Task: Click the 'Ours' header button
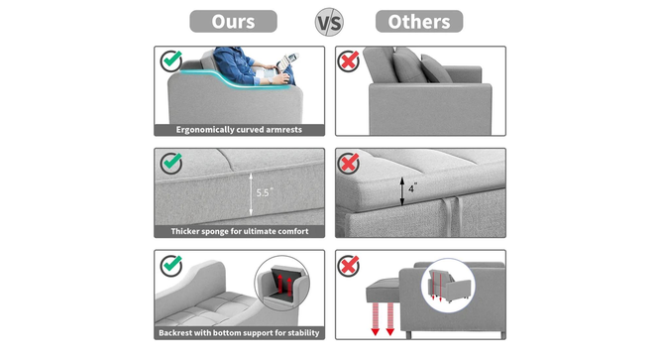point(233,21)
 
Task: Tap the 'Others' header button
point(419,21)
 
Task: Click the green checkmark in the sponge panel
point(170,162)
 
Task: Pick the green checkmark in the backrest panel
point(170,264)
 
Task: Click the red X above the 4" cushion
point(349,162)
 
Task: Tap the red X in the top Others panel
point(349,61)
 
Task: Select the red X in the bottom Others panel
point(349,265)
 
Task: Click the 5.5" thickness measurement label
point(264,192)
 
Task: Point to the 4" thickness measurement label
point(413,184)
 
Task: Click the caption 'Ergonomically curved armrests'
point(239,130)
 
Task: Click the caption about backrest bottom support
point(239,333)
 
